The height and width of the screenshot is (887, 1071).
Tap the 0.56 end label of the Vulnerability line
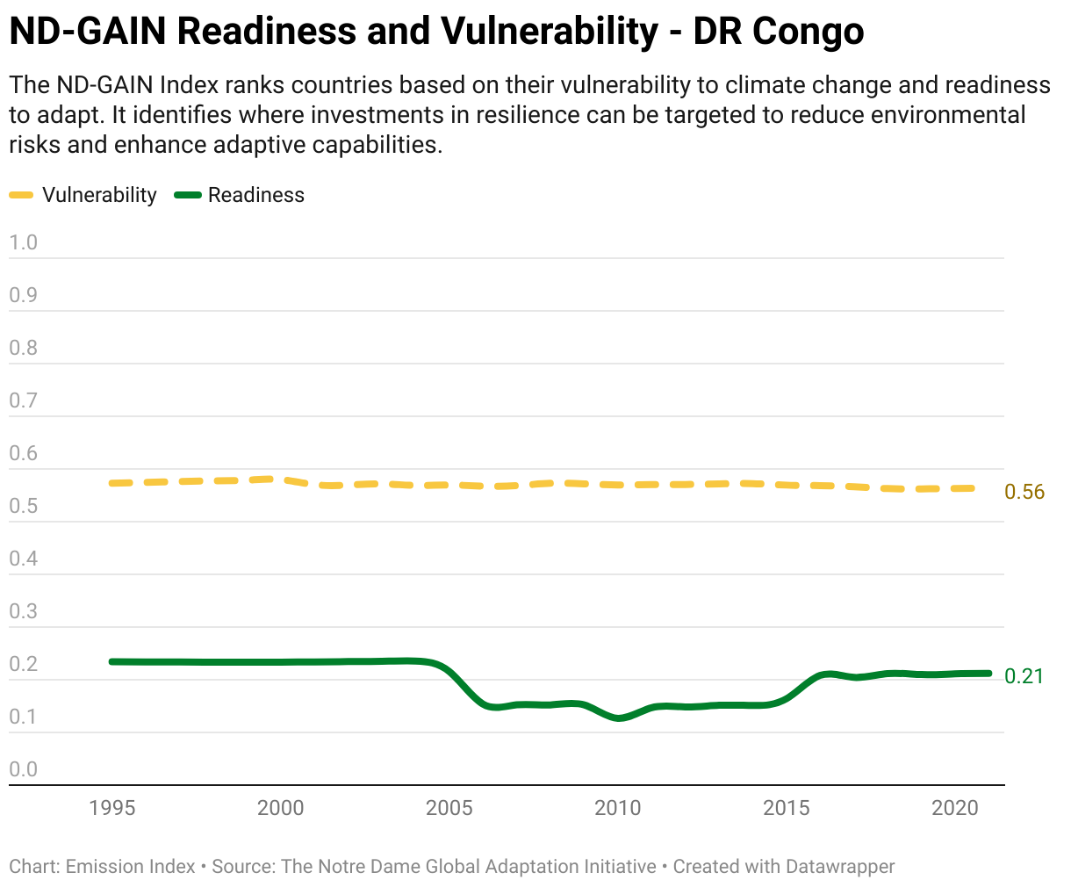pos(1024,492)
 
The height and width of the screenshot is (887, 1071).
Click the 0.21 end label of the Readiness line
pos(1024,675)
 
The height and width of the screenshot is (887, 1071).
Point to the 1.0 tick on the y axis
pos(24,242)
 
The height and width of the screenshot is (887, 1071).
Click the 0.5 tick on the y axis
pos(24,506)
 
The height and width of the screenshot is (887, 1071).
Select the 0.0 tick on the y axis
pos(24,769)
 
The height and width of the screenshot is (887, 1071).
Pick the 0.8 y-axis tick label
pos(24,348)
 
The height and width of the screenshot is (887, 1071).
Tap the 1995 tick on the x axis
pos(112,807)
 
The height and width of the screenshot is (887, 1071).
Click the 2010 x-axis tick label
pos(618,807)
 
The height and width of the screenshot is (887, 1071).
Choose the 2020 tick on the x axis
pos(955,807)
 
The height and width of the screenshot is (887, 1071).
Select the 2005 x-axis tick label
pos(449,807)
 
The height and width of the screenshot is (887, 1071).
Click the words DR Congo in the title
pos(779,32)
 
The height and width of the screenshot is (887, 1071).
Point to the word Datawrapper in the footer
pos(840,867)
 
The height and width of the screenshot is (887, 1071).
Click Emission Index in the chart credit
pos(131,867)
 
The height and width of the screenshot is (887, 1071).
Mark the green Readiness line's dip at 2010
pos(620,718)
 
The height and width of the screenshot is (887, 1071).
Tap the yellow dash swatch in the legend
pos(21,195)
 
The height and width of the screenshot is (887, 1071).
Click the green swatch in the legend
pos(188,195)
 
